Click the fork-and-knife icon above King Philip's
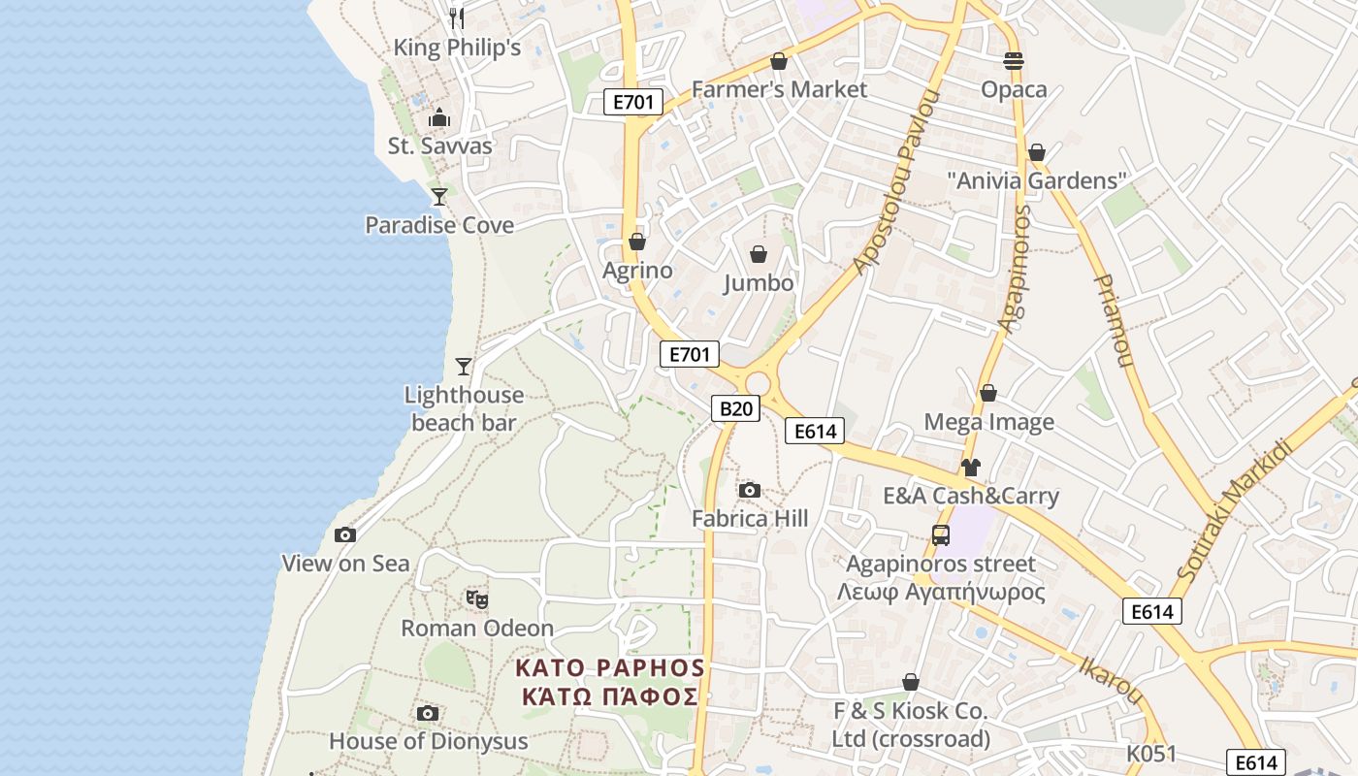(457, 18)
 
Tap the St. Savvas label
(439, 146)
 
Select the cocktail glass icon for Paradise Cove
(439, 197)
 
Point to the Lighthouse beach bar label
(464, 408)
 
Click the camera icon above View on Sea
(344, 534)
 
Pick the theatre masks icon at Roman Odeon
(476, 599)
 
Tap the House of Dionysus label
(428, 741)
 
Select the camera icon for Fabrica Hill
(749, 490)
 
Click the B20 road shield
(734, 408)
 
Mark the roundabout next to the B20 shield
(758, 384)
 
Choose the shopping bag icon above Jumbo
(759, 254)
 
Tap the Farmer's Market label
(779, 89)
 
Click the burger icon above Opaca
(1014, 61)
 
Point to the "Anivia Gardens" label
(1036, 180)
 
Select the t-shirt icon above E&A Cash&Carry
(970, 468)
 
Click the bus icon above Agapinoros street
(940, 534)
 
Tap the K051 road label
(1151, 754)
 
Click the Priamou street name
(1114, 320)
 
